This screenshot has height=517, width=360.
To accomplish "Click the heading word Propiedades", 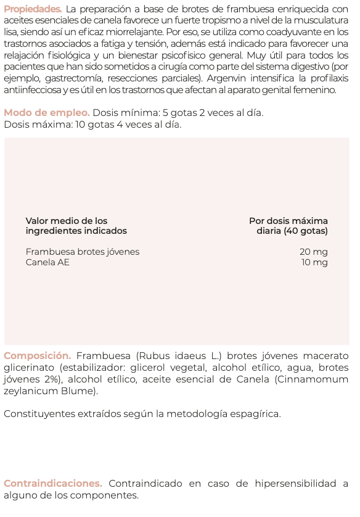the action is click(x=32, y=9).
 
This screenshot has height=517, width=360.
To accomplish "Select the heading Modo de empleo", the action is click(x=46, y=113).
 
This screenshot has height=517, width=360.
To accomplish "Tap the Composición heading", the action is click(x=37, y=356).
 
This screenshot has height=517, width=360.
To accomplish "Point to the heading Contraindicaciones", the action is click(x=52, y=484).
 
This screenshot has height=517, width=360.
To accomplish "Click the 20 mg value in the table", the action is click(x=314, y=252).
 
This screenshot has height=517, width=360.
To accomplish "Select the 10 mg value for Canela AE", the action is click(x=314, y=262).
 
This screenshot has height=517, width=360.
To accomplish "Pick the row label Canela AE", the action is click(x=47, y=262).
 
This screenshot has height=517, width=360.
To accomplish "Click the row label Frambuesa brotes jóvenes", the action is click(x=83, y=252).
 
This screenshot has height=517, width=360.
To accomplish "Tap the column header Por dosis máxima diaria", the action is click(x=289, y=226).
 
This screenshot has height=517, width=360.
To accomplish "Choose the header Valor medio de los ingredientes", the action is click(x=76, y=226).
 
